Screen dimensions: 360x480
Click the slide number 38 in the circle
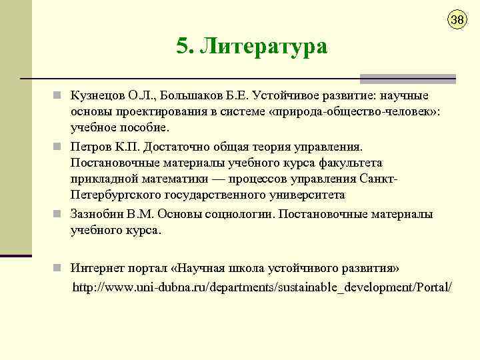tap(457, 19)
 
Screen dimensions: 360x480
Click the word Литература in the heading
tap(265, 47)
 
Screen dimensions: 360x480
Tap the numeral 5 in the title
tap(182, 47)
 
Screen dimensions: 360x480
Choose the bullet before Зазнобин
tap(59, 215)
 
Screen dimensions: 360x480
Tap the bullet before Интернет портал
tap(59, 268)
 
